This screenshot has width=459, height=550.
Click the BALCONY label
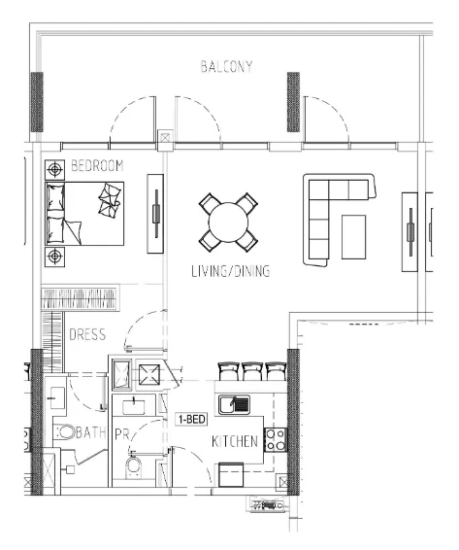coord(226,66)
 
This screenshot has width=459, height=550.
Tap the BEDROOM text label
coord(97,165)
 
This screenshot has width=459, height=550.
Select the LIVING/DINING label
coord(231,271)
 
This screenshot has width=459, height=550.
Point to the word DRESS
coord(87,334)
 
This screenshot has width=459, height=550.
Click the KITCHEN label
coord(235,441)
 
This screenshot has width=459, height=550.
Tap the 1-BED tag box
coord(192,419)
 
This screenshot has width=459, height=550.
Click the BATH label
coord(90,432)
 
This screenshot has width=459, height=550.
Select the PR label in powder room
coord(122,435)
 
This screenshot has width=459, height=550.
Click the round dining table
coord(228,222)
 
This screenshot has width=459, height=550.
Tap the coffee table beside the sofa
coord(353,237)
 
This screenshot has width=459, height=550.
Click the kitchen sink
coord(235,405)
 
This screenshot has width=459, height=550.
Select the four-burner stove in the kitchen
coord(276,440)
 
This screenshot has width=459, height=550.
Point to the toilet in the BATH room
coord(65,431)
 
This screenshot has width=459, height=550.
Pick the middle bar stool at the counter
coord(251,372)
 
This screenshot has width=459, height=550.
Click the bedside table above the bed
coord(54,170)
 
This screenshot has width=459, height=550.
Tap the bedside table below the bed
coord(54,257)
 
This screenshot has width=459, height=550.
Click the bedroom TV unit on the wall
coord(155,214)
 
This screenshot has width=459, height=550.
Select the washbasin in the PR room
coord(134,406)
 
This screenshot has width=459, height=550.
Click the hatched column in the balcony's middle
coord(293,102)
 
